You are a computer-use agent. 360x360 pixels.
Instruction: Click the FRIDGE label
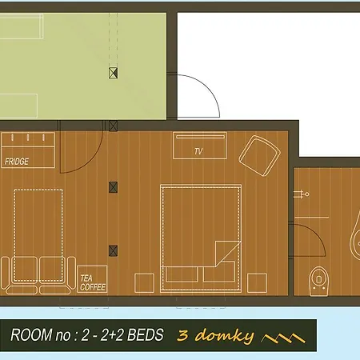click(17, 162)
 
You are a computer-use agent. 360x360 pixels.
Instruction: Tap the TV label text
click(198, 151)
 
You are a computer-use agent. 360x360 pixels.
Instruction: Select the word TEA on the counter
click(86, 278)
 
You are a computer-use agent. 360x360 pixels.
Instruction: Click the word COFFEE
click(93, 287)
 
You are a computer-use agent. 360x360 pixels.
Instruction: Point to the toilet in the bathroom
click(319, 281)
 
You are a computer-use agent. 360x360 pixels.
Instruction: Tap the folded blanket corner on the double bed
click(227, 252)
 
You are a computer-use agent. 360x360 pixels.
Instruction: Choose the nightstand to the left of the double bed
click(144, 282)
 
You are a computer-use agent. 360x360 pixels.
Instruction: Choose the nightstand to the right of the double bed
click(257, 282)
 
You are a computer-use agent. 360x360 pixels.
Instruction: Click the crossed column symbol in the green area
click(113, 73)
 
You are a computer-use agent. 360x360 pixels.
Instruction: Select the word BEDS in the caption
click(146, 335)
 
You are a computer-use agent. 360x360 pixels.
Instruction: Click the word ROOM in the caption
click(31, 335)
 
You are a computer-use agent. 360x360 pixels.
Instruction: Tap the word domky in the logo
click(225, 336)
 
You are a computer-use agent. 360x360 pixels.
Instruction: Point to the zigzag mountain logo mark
click(283, 338)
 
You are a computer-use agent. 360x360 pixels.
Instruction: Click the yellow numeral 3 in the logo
click(183, 335)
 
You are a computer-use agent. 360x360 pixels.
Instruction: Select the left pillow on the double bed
click(182, 274)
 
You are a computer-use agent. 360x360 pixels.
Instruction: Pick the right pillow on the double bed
click(219, 271)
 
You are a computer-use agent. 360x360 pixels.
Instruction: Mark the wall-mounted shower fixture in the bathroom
click(302, 194)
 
